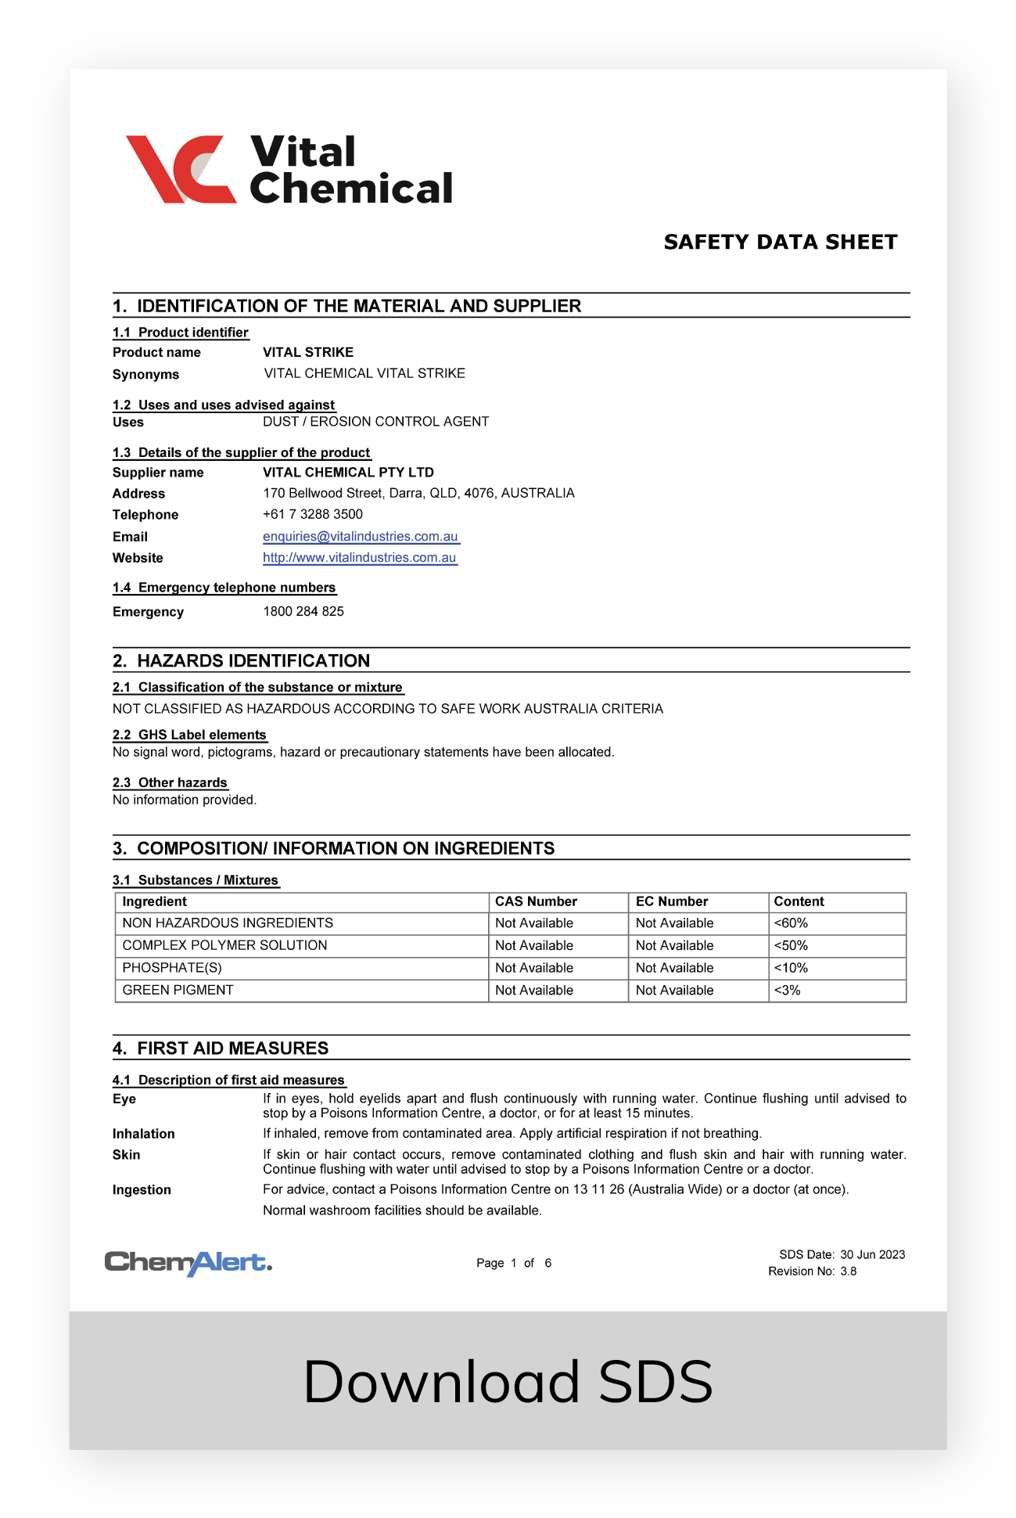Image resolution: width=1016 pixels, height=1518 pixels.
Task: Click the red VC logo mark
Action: click(181, 169)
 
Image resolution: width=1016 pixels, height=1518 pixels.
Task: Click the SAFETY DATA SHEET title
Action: click(780, 243)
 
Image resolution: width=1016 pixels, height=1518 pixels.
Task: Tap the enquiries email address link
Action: click(361, 537)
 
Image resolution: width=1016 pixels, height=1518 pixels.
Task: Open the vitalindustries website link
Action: click(360, 558)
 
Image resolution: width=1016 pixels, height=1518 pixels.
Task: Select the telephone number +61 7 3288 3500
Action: click(313, 515)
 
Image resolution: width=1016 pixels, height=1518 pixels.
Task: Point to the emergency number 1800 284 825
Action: click(303, 612)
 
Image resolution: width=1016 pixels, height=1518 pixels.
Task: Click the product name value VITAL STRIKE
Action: click(308, 353)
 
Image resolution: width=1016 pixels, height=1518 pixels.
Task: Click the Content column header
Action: click(799, 902)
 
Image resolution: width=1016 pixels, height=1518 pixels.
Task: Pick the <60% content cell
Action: click(791, 924)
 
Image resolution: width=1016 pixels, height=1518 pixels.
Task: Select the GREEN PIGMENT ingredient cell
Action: click(178, 991)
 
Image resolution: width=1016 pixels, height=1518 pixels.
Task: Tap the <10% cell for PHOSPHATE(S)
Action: click(791, 969)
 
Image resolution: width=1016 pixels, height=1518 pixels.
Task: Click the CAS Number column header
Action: click(536, 902)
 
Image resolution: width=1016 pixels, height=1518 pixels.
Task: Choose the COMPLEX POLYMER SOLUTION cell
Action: click(225, 946)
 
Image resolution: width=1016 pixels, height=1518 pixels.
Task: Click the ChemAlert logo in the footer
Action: click(188, 1262)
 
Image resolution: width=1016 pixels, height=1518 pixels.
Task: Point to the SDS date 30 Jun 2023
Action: click(872, 1255)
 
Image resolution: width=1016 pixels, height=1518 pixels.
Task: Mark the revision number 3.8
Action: click(849, 1272)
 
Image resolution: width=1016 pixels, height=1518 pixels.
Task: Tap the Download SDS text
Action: click(508, 1382)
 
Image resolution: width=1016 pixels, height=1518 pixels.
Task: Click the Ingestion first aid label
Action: click(142, 1190)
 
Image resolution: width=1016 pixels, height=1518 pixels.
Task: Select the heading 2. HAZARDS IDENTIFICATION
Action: click(242, 661)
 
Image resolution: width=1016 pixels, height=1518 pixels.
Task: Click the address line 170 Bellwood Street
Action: click(418, 494)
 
